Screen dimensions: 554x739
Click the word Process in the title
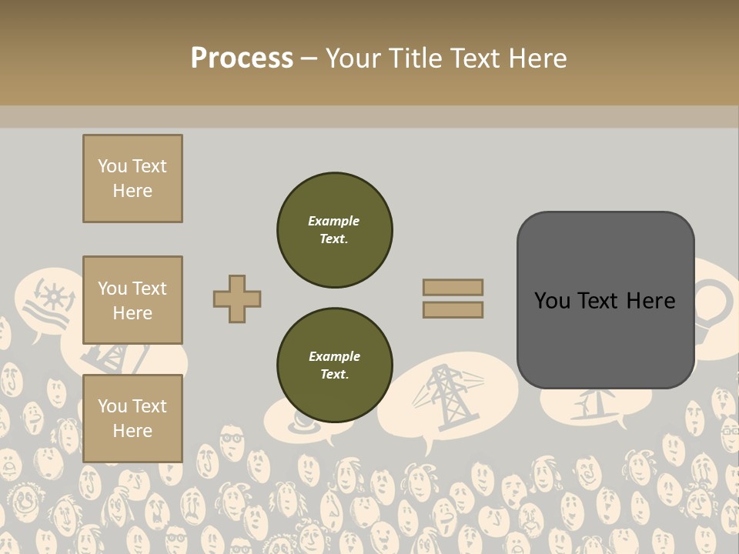[242, 58]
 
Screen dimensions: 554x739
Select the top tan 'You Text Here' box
[132, 179]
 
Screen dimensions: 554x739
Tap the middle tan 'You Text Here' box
[132, 300]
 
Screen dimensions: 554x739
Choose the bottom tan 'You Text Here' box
[132, 418]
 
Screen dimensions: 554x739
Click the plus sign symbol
[237, 299]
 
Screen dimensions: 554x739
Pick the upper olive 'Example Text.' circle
[335, 230]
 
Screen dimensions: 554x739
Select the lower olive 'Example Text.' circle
[335, 365]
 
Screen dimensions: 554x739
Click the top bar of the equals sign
[453, 287]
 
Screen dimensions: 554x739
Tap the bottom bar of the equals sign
[453, 309]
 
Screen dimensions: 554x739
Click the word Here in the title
[538, 58]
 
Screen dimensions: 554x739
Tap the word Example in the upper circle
[333, 221]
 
